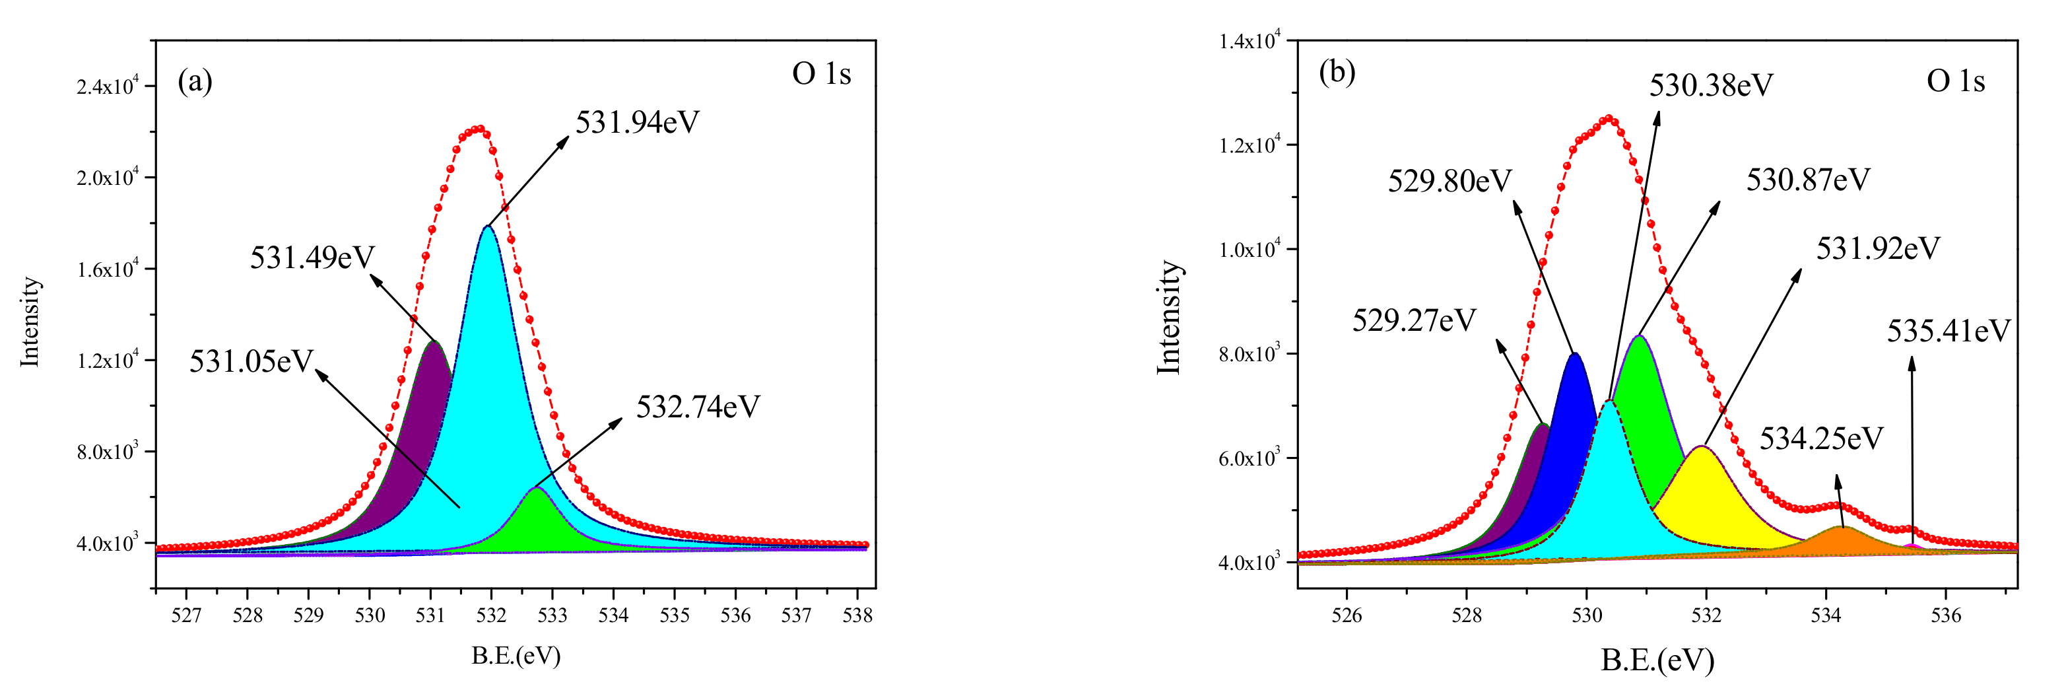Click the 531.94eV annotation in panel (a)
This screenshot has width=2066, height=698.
[x=637, y=123]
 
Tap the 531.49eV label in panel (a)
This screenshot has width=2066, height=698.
[x=312, y=258]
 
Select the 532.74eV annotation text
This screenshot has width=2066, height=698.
[x=697, y=407]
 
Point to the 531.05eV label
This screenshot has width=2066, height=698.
[x=251, y=362]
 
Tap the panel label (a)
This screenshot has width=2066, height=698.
[x=195, y=81]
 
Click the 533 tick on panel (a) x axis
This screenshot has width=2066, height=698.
[x=552, y=616]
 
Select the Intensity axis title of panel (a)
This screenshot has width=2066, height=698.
[x=30, y=322]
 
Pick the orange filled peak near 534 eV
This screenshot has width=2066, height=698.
[x=1841, y=541]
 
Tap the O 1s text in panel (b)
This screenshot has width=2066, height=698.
[x=1954, y=82]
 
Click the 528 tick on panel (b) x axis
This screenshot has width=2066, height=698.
[x=1466, y=616]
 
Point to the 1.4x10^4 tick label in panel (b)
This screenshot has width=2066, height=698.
[x=1249, y=41]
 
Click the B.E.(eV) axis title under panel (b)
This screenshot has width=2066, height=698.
[x=1657, y=660]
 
